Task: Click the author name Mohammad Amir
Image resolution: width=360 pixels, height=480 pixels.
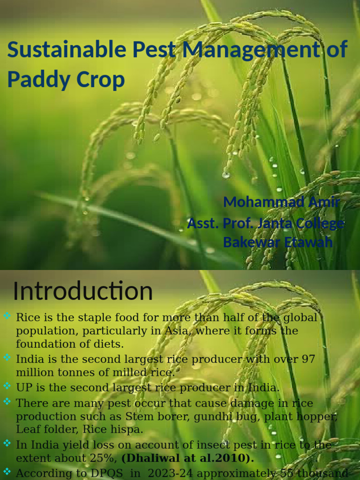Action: pyautogui.click(x=281, y=202)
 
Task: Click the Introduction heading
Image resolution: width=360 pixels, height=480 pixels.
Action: pyautogui.click(x=82, y=292)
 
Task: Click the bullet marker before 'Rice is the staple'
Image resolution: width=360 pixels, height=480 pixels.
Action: pyautogui.click(x=7, y=316)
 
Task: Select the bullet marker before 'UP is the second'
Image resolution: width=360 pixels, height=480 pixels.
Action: pyautogui.click(x=7, y=386)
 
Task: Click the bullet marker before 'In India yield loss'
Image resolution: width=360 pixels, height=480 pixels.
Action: pyautogui.click(x=7, y=443)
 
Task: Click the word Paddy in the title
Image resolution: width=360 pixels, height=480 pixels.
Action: pyautogui.click(x=37, y=79)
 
